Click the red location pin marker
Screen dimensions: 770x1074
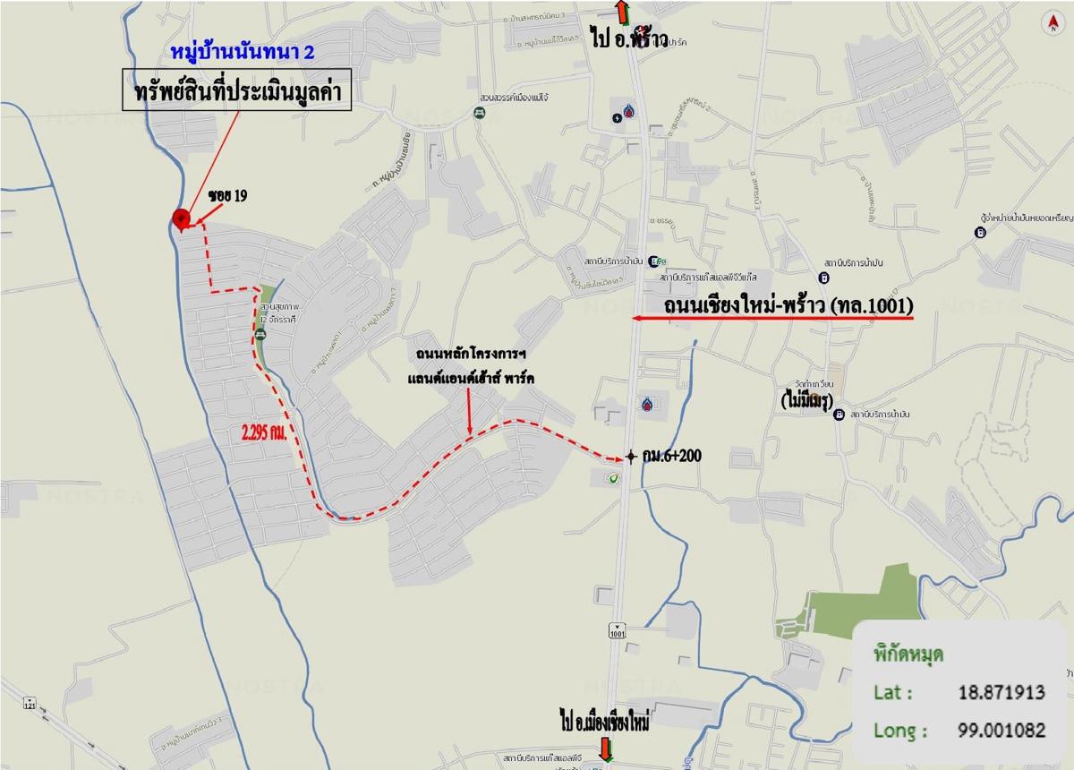pyautogui.click(x=181, y=217)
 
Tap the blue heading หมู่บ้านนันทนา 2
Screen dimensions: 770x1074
pyautogui.click(x=243, y=53)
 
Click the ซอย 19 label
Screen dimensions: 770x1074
pyautogui.click(x=227, y=195)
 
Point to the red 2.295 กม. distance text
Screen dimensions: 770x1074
pyautogui.click(x=264, y=432)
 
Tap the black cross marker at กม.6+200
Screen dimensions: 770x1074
pyautogui.click(x=631, y=456)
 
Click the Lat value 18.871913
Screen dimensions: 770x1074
pyautogui.click(x=999, y=693)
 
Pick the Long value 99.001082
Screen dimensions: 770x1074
pyautogui.click(x=999, y=731)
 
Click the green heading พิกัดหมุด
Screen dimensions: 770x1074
pyautogui.click(x=908, y=653)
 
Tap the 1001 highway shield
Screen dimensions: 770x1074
pyautogui.click(x=617, y=631)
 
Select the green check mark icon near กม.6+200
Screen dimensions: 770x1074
pyautogui.click(x=613, y=479)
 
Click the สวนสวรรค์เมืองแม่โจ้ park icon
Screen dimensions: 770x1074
pyautogui.click(x=479, y=113)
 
